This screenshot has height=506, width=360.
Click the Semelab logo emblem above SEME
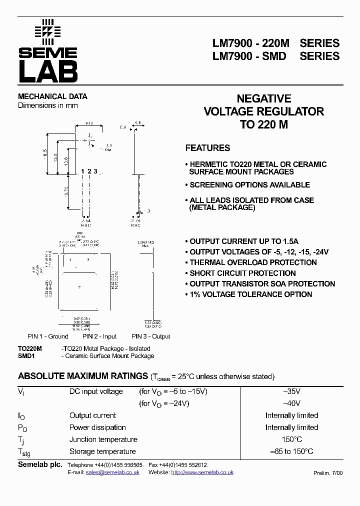coord(47,29)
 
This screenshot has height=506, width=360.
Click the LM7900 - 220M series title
coord(276,43)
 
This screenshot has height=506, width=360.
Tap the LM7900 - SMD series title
coord(276,56)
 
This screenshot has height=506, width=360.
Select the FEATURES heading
coord(207,148)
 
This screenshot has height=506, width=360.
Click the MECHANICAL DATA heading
coord(52,96)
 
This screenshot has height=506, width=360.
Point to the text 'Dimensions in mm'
coord(48,105)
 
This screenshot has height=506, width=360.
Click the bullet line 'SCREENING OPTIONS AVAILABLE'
coord(249,185)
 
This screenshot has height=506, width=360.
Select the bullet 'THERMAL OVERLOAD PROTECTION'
coord(253,262)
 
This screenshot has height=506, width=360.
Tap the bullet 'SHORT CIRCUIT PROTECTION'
coord(242,273)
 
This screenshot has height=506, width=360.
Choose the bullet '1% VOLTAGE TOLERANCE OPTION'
coord(250,294)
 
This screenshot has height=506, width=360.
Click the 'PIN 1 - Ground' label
coord(48,336)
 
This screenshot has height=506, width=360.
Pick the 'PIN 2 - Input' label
coord(100,336)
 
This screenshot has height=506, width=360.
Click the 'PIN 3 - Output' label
coord(151,336)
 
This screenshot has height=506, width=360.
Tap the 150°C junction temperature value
coord(291,439)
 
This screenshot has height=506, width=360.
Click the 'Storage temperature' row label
coord(102,451)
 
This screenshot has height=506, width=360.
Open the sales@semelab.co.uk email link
coord(112,472)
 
